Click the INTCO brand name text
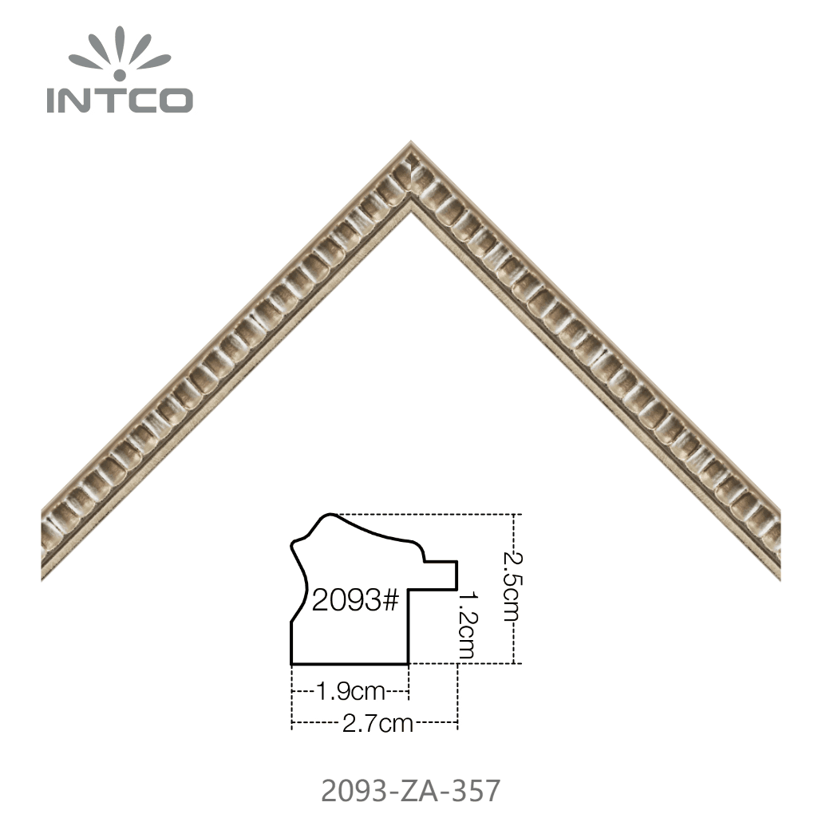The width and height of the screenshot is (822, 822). pyautogui.click(x=120, y=100)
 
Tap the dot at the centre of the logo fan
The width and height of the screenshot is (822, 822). pyautogui.click(x=120, y=75)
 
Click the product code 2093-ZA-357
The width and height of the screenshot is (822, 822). pyautogui.click(x=410, y=791)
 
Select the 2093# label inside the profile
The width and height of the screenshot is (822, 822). pyautogui.click(x=355, y=600)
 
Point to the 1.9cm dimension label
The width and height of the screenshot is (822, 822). pyautogui.click(x=350, y=692)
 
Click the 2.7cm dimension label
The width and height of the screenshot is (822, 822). pyautogui.click(x=377, y=724)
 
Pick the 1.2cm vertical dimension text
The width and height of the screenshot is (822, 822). pyautogui.click(x=467, y=625)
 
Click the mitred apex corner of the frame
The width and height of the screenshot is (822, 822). pyautogui.click(x=411, y=143)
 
